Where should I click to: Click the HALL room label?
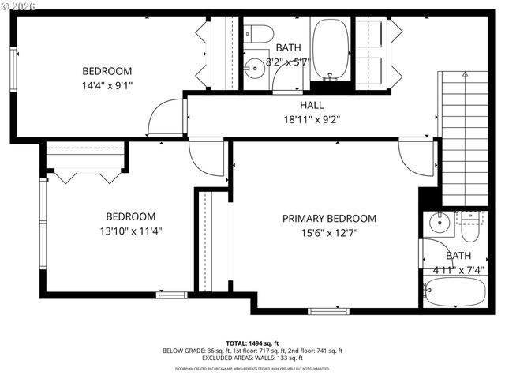coord(311,105)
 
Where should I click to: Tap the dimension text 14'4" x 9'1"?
coord(107,85)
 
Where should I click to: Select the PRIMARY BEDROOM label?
coord(330,219)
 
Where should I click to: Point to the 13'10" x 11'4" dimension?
coord(131,231)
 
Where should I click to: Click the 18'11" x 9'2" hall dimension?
coord(311,120)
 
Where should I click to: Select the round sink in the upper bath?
coord(254,67)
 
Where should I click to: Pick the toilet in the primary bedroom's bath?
coord(470,227)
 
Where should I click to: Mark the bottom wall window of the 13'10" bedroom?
coord(171,295)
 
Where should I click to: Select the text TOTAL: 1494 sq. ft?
coord(252,343)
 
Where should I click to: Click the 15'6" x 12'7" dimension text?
coord(330,234)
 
